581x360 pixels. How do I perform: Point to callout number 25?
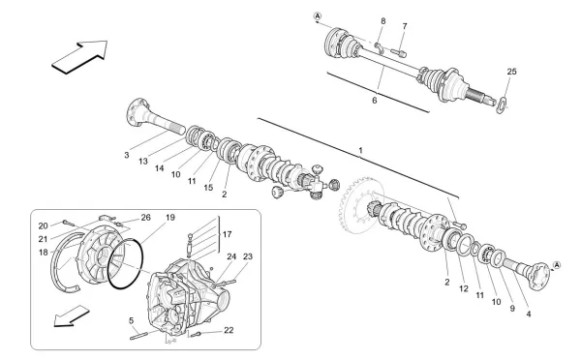pos(512,73)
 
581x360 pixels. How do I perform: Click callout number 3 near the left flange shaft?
pos(126,154)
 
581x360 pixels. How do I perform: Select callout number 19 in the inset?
pos(169,218)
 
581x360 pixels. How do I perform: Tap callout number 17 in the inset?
pos(227,233)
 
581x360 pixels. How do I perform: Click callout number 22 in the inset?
pos(228,331)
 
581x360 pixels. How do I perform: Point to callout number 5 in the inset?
pos(132,319)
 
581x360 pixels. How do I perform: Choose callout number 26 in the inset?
pos(146,218)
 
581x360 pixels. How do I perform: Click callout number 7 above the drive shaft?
pos(405,26)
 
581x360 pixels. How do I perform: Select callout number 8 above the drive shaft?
pos(382,21)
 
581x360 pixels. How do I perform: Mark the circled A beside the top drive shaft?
pos(319,16)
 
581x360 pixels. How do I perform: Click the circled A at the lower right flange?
pos(557,265)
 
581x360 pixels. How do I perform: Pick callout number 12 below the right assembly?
pos(463,288)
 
